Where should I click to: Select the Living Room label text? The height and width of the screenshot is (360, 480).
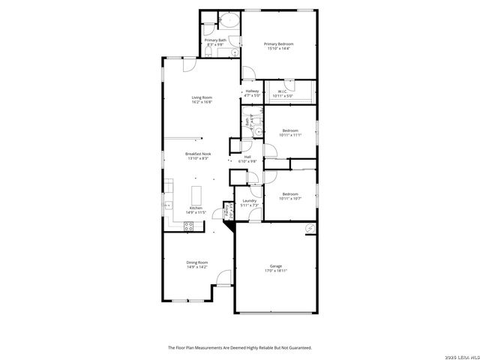(x=202, y=100)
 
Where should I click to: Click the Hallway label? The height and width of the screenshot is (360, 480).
(x=252, y=93)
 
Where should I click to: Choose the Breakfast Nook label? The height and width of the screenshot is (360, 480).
(x=197, y=156)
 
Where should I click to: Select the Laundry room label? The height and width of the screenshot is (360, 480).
(x=250, y=202)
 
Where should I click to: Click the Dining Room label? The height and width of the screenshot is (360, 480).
(x=197, y=264)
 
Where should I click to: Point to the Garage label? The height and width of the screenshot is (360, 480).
(x=276, y=268)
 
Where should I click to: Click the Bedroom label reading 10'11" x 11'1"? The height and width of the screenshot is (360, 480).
(x=290, y=133)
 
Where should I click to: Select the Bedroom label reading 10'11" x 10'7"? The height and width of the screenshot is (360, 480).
(x=290, y=196)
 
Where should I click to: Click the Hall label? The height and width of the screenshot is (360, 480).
(x=247, y=159)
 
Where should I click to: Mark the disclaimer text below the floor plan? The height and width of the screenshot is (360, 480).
(x=239, y=348)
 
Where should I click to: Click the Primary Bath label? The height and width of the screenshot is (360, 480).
(x=215, y=42)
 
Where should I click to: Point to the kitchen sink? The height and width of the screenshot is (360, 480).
(x=168, y=204)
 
